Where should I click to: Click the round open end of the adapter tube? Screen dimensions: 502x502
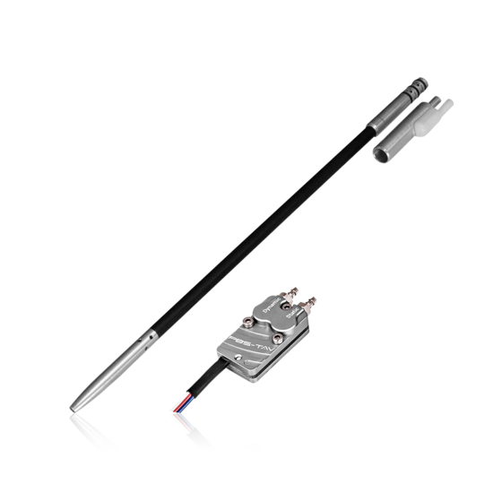381,155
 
